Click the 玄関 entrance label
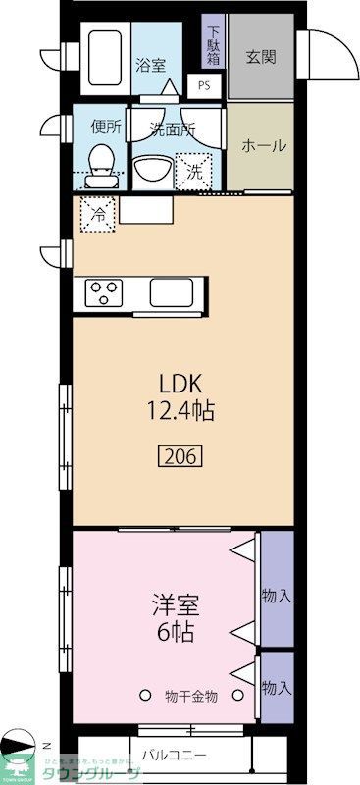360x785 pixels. [260, 56]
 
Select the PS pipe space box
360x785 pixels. [204, 84]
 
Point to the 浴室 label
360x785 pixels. [151, 66]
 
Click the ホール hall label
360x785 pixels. [264, 145]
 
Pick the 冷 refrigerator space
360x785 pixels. [99, 213]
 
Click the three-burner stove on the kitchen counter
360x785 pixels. [104, 291]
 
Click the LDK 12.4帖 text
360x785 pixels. [180, 395]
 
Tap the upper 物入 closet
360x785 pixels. [277, 595]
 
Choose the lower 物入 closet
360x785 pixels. [277, 688]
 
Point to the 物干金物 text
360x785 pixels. [190, 697]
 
